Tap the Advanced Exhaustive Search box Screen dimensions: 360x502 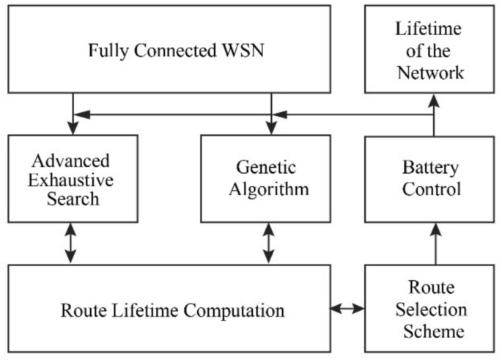tap(71, 179)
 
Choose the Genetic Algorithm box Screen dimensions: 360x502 tap(268, 179)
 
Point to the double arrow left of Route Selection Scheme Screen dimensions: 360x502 tap(347, 309)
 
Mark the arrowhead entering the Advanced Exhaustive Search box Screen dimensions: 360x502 tap(71, 128)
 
